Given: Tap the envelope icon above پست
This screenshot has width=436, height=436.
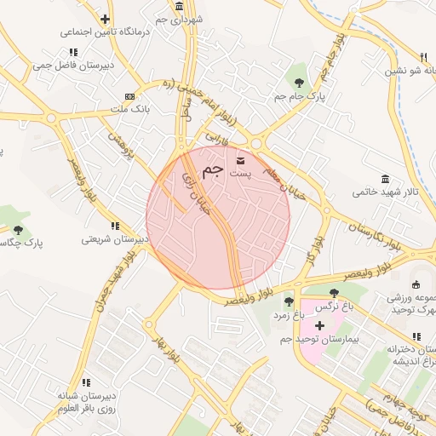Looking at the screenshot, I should coord(238,159).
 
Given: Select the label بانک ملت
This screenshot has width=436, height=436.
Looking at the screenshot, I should coord(130,109).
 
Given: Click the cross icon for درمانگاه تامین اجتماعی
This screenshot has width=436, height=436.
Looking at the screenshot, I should coord(104,19).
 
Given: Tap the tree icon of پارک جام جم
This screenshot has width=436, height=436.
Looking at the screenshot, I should coord(299,83).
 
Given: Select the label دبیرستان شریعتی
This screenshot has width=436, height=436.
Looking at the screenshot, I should coord(115,239).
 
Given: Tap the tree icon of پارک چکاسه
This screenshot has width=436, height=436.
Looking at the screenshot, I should coord(18,230).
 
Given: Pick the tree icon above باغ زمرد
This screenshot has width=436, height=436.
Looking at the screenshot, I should coord(289,301).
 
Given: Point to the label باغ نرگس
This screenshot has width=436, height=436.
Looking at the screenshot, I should coord(334,306).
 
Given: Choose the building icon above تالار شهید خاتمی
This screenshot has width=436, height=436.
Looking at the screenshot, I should coord(385,179).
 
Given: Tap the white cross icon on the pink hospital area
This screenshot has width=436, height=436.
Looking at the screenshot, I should coord(319,326).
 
